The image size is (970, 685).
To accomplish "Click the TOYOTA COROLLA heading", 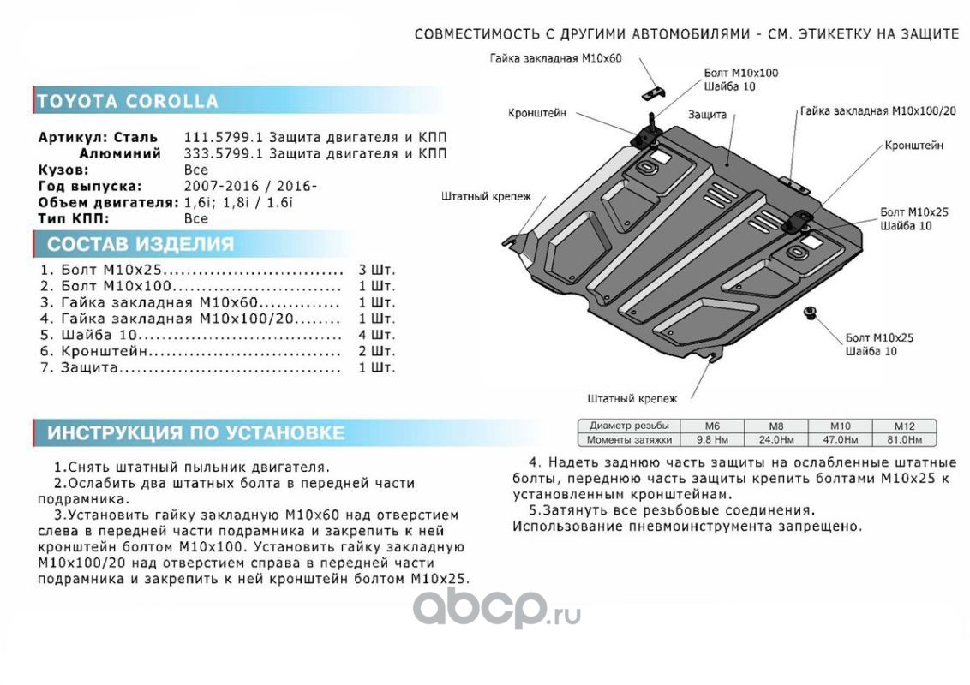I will coord(128,101).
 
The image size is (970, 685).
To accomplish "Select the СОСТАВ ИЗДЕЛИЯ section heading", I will coord(140,244).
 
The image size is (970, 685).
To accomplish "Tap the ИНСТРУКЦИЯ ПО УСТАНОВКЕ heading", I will coord(195,433).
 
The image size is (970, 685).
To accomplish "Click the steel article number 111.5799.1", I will coord(215,138).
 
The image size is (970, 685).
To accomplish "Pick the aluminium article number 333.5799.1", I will coord(215,154).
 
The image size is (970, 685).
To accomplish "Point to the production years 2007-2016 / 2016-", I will coord(250,186).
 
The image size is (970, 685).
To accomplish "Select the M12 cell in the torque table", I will coord(904,426).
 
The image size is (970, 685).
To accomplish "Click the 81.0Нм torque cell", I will coord(904,440).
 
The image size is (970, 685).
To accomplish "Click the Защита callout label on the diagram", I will coord(706,114).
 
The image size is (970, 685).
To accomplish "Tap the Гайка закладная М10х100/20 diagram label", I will coord(878,111).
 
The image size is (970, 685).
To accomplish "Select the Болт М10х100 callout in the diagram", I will coord(740,74).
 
